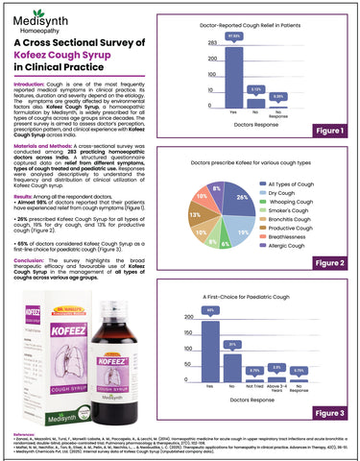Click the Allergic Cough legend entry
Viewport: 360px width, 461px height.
[x=297, y=246]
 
